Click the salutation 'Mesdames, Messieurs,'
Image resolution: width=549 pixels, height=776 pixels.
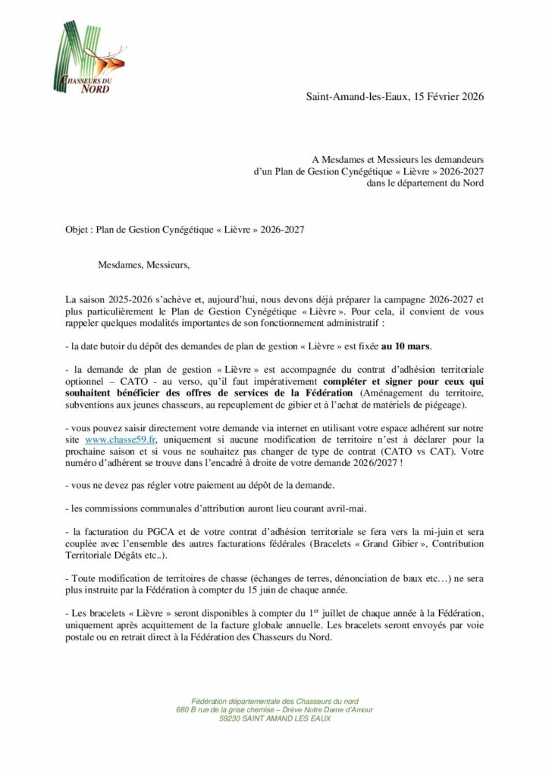point(143,265)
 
